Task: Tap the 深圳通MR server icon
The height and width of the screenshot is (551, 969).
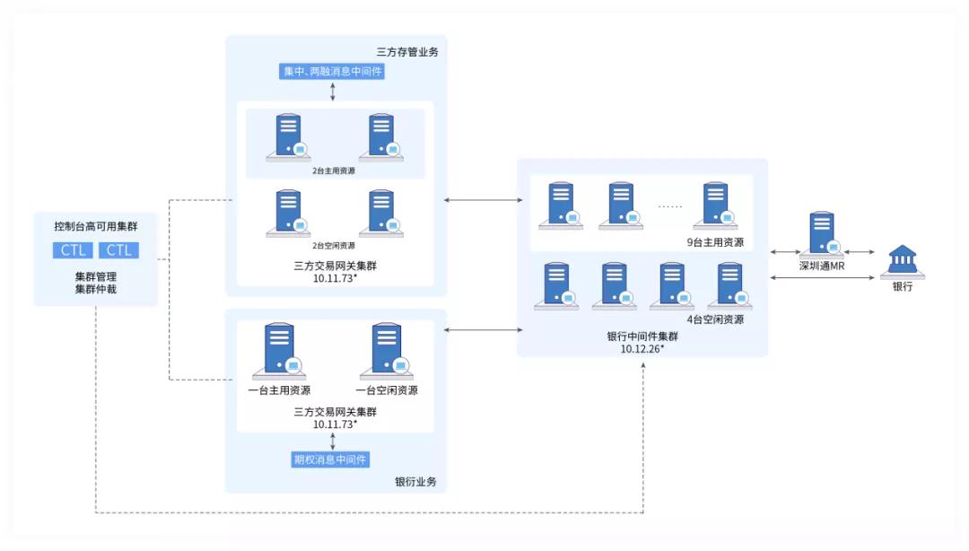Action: (x=822, y=236)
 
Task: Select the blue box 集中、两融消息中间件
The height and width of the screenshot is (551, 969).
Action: (x=332, y=72)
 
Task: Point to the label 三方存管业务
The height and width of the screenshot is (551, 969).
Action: (x=407, y=52)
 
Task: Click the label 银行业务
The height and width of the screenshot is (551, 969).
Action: (x=415, y=482)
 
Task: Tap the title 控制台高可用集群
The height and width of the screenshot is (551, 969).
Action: (x=96, y=224)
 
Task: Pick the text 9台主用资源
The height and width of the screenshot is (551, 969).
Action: (x=715, y=242)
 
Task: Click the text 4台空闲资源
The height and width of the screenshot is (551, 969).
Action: (x=715, y=319)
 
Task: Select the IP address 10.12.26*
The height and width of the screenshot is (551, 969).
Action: (x=642, y=348)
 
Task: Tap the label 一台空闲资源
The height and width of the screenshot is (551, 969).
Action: (x=387, y=390)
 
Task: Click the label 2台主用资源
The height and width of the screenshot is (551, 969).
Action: (x=334, y=170)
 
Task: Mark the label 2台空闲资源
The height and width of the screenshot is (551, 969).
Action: (x=334, y=245)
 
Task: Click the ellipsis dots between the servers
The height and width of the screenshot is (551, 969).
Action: (x=669, y=206)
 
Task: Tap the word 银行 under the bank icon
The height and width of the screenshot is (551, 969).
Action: (x=902, y=286)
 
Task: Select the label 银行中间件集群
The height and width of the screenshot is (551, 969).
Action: (x=642, y=337)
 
